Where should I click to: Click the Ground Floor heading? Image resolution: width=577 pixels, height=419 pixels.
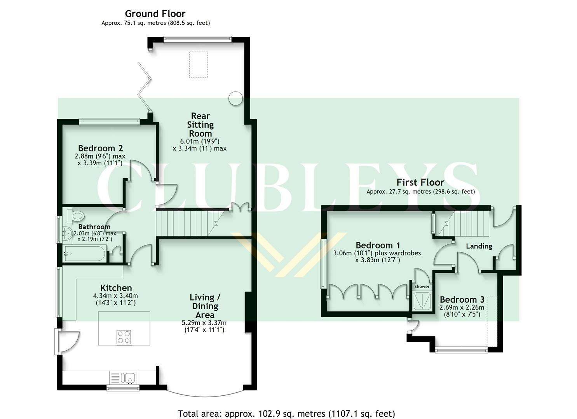point(155,14)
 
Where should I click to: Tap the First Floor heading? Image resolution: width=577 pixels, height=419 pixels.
point(420,182)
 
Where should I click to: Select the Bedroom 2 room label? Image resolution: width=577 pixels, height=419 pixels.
point(100,148)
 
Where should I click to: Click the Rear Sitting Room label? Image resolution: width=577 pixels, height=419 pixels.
point(200,125)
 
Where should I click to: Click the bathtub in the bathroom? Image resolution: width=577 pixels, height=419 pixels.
point(84,255)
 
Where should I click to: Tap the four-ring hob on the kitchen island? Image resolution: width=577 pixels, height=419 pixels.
point(124,336)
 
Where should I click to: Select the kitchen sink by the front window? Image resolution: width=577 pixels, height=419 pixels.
point(129,377)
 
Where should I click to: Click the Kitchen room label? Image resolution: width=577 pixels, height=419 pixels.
point(116,288)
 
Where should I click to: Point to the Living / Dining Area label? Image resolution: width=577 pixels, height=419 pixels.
point(205,306)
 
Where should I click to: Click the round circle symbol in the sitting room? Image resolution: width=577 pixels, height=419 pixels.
point(235,98)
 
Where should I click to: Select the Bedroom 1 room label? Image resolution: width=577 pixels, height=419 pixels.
point(378,245)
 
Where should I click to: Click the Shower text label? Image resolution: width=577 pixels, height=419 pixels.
point(422,287)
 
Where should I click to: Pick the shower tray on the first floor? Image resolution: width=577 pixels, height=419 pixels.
point(422,301)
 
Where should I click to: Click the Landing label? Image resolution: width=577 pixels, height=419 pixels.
point(479,246)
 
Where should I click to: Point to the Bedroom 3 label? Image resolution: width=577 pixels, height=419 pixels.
point(462,300)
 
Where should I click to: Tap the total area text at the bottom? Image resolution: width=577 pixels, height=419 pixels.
point(286,414)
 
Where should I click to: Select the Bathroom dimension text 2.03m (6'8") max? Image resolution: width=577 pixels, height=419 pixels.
point(95,234)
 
